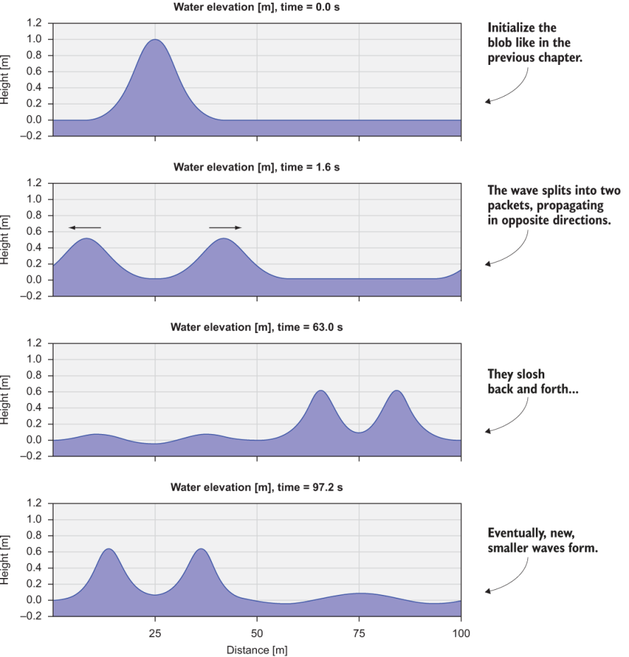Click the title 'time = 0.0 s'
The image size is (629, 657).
[x=257, y=8]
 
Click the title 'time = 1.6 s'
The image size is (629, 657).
[x=257, y=168]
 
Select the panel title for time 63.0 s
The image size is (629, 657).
[x=257, y=328]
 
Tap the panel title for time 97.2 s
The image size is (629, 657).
[x=257, y=488]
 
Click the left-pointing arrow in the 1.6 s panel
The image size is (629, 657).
[x=85, y=227]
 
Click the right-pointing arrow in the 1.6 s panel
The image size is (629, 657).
[x=225, y=227]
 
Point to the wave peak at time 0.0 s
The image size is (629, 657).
[x=155, y=40]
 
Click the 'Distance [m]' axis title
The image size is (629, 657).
[x=257, y=648]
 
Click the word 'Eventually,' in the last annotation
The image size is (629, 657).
[x=518, y=535]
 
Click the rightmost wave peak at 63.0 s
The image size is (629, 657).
[x=397, y=391]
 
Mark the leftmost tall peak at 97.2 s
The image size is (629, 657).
[x=109, y=549]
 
